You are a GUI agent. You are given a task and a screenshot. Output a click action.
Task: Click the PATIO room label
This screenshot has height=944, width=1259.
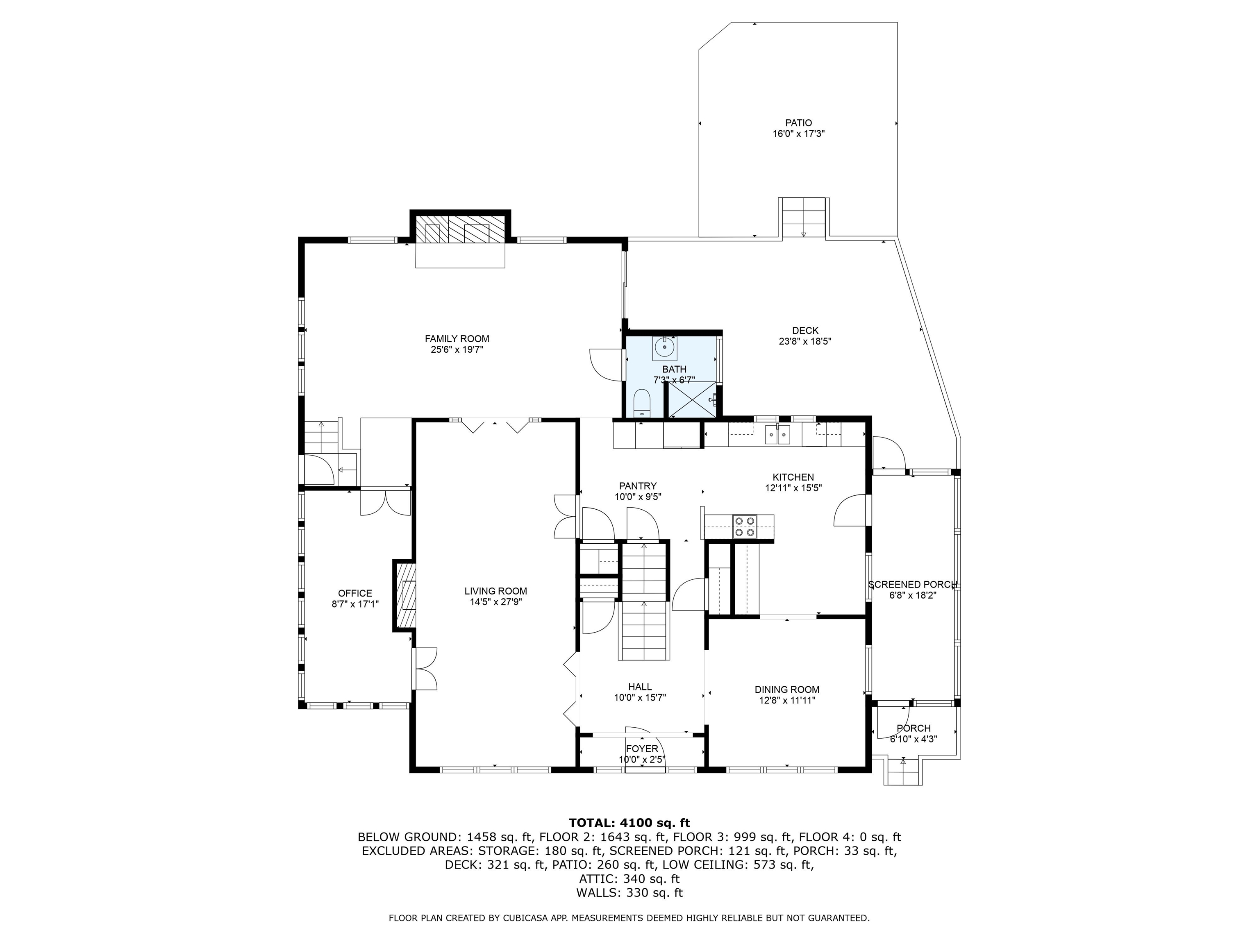coord(798,123)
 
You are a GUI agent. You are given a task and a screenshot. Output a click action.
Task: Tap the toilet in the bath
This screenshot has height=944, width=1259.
coord(641,403)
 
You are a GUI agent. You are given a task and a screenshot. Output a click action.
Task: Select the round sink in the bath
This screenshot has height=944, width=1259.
coord(664,347)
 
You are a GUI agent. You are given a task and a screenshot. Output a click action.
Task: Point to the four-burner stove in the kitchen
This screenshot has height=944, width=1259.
coord(744,526)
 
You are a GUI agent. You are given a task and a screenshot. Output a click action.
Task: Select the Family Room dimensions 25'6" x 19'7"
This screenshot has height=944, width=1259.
coord(457,350)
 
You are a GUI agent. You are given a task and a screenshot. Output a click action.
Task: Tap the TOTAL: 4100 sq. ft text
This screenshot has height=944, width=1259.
coord(629,823)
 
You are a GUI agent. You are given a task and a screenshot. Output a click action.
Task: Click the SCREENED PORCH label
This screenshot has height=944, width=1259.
coord(912,584)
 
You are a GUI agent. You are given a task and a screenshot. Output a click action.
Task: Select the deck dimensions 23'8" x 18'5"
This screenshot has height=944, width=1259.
coord(805,341)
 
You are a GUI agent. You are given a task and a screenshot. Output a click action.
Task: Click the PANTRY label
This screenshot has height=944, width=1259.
coord(637,486)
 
